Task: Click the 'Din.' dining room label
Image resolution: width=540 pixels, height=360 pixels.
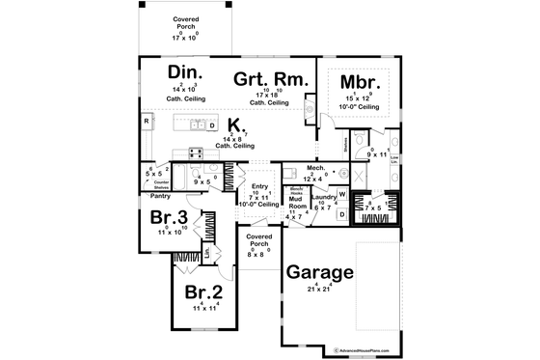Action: click(184, 73)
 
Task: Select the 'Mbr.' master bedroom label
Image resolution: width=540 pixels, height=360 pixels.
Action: click(356, 81)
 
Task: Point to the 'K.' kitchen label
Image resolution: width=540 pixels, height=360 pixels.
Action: click(235, 125)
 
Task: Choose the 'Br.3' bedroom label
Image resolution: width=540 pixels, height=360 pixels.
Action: click(168, 218)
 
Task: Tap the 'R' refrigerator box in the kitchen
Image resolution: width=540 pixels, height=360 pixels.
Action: click(146, 123)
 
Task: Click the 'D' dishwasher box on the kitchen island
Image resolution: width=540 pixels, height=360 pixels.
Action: click(210, 125)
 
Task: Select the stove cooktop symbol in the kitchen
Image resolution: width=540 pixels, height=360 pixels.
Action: click(195, 152)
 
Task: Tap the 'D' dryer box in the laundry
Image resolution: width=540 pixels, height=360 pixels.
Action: click(341, 212)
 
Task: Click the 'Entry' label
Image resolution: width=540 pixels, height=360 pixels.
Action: click(258, 186)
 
